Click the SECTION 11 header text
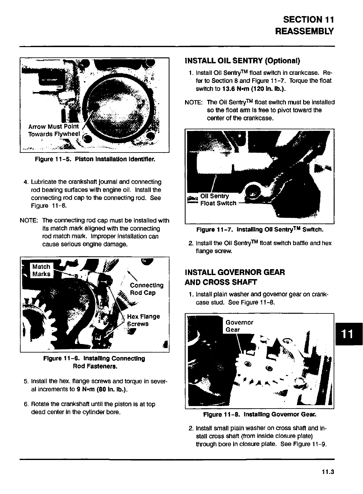(308, 20)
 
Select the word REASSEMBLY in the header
(304, 31)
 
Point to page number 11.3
(328, 472)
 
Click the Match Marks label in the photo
(42, 270)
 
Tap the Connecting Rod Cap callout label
(146, 289)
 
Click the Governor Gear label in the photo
(239, 326)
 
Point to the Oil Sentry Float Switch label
(218, 200)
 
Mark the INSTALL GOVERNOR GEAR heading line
(235, 272)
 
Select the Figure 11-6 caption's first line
(95, 358)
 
